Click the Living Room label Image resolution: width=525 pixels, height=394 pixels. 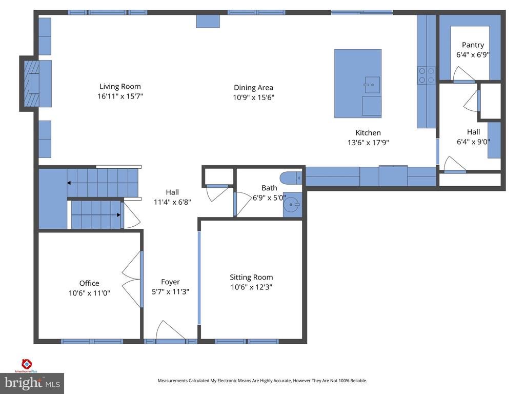[x=120, y=86]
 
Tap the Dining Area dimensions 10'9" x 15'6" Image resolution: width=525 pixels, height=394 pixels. [x=254, y=97]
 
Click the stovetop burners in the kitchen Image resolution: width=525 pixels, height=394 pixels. [x=426, y=75]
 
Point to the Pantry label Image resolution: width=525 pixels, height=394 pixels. [x=472, y=45]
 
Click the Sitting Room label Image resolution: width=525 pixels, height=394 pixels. [x=251, y=277]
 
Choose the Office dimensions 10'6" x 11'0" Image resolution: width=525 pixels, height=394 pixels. [x=89, y=293]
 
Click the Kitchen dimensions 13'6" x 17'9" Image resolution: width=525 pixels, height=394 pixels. [x=368, y=143]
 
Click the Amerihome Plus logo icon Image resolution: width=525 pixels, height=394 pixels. [x=27, y=364]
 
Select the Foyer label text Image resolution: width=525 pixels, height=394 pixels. [x=170, y=282]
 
